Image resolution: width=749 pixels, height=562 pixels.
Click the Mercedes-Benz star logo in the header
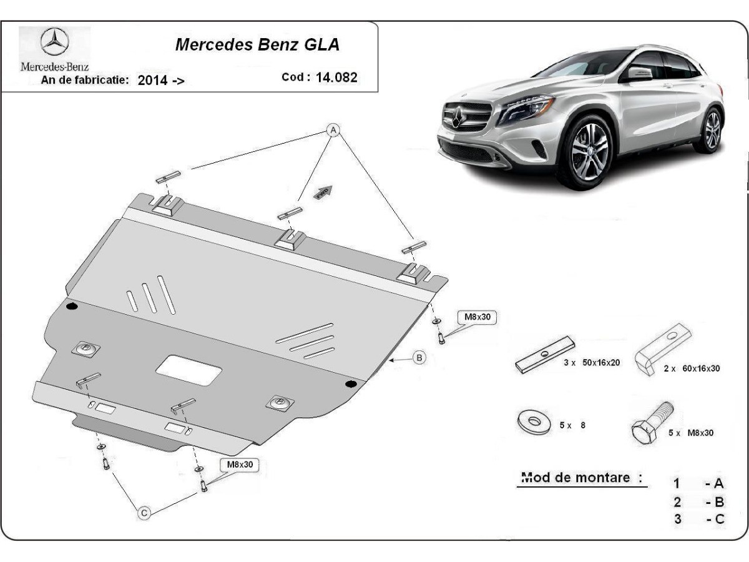[55, 43]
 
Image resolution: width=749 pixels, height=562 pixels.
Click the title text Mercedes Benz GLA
[257, 45]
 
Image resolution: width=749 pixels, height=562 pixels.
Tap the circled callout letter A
[333, 130]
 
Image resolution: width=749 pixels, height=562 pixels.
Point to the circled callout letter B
[419, 358]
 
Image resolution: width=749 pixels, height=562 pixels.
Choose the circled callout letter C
[144, 513]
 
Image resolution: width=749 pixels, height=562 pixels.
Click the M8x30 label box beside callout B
[478, 317]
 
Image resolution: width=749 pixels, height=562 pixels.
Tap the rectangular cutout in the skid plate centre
[188, 371]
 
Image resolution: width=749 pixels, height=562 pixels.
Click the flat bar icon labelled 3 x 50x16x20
[545, 355]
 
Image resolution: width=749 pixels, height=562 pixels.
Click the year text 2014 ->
[161, 80]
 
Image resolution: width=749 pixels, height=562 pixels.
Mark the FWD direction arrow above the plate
[323, 192]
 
